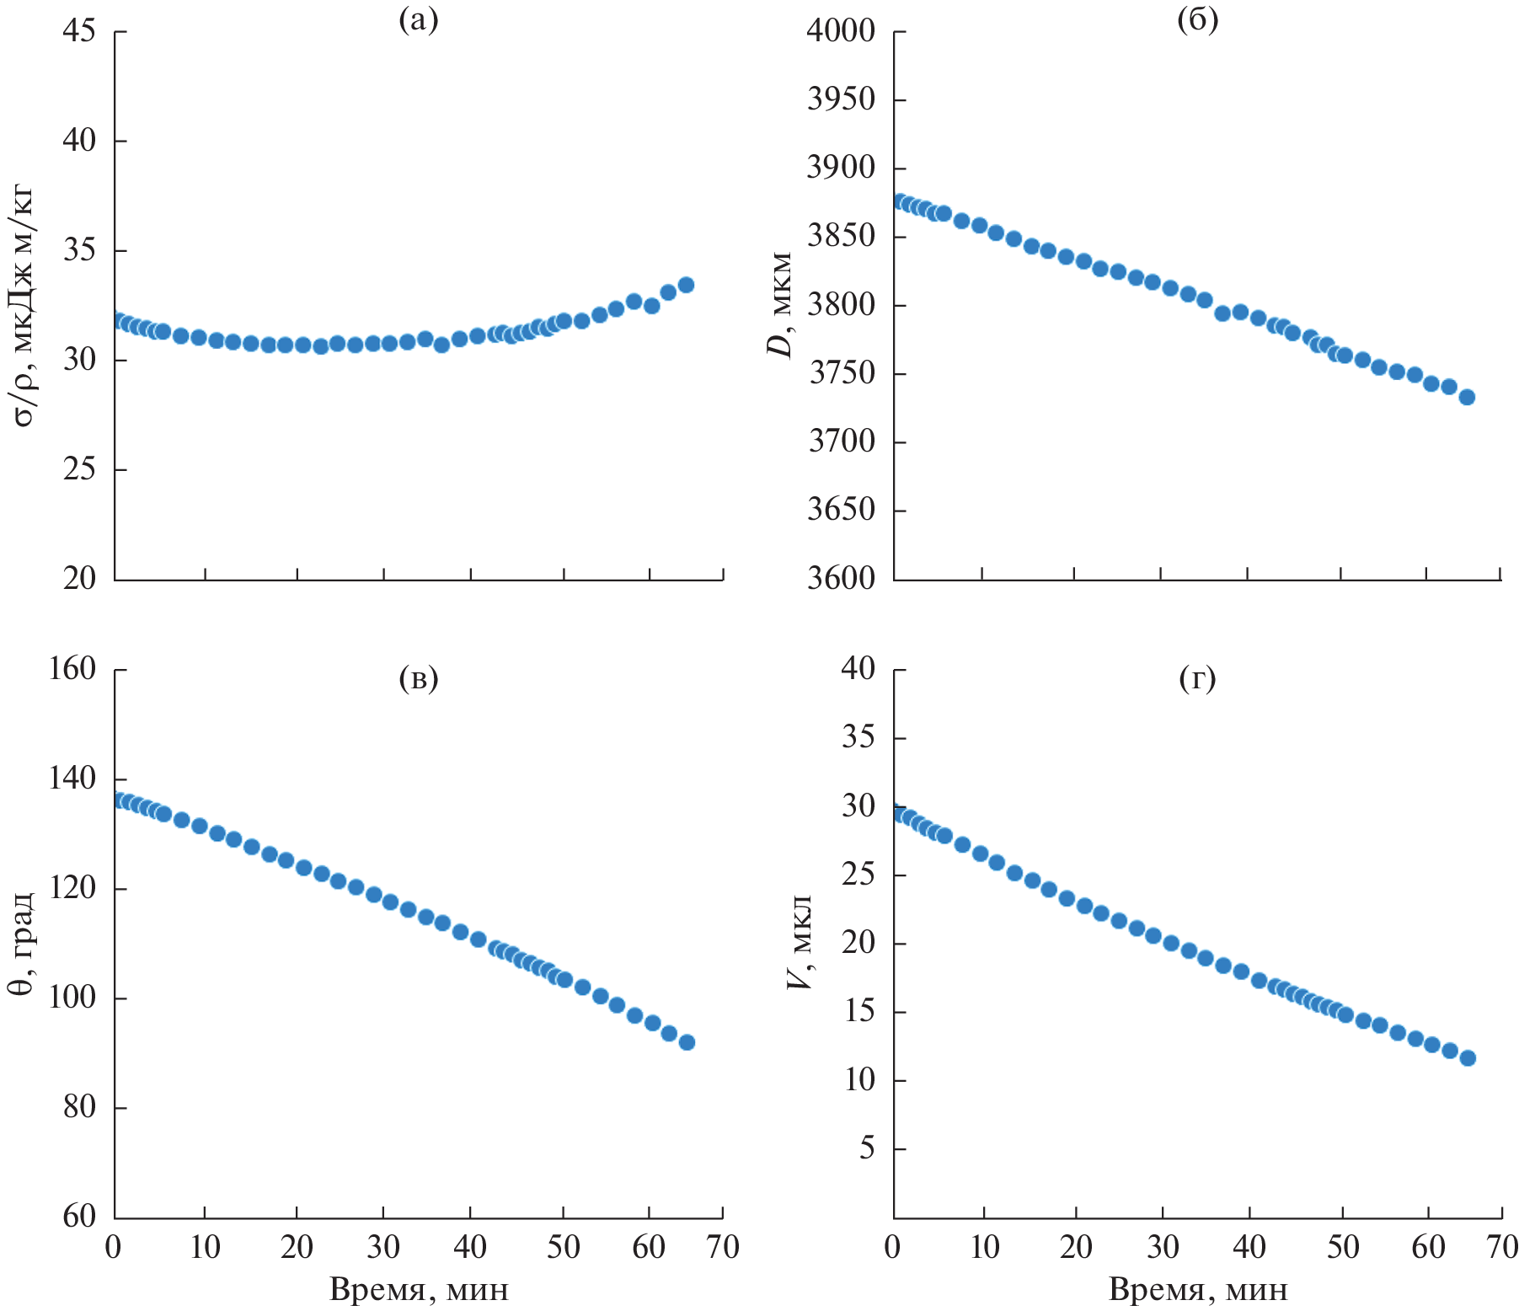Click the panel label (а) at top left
(419, 20)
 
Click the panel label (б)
(1197, 20)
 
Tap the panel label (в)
(419, 678)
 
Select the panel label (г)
(1197, 678)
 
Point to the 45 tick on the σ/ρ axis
(79, 31)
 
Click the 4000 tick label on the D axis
(842, 31)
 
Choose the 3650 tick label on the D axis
(842, 510)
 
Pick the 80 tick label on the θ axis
(79, 1107)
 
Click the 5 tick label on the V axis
(867, 1148)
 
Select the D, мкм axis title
(782, 305)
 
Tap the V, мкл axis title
(800, 943)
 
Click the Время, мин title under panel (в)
(419, 1290)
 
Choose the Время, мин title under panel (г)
(1197, 1290)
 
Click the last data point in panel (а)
(686, 285)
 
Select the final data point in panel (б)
(1467, 397)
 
